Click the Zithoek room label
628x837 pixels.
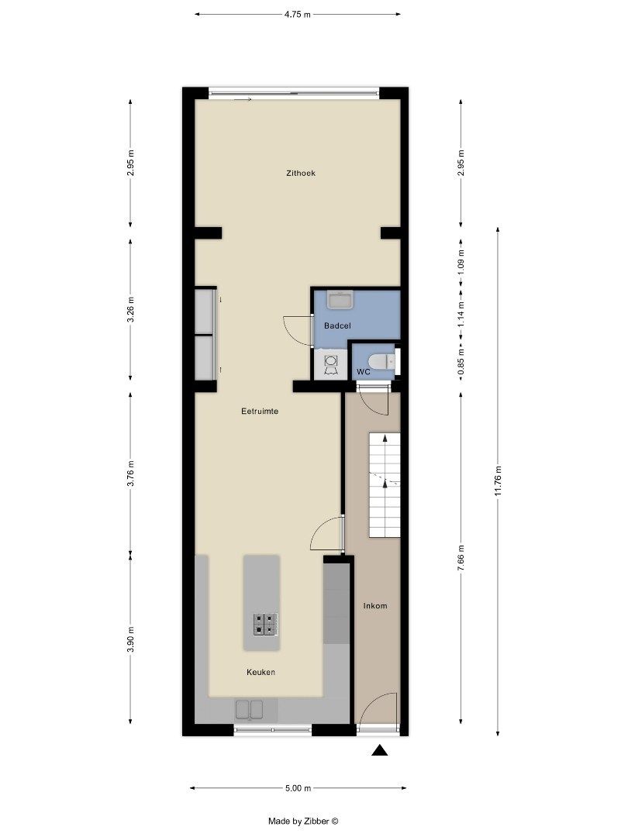point(301,173)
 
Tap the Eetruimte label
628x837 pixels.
point(260,412)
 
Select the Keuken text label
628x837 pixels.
point(261,672)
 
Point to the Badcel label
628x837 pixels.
point(338,326)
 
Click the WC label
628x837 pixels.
point(363,372)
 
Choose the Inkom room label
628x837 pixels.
point(375,605)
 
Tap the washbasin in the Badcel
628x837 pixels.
point(340,298)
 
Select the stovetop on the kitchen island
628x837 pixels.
point(264,622)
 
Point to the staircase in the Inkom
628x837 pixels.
point(384,485)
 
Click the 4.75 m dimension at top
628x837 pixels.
point(297,14)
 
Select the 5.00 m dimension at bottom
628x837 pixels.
point(298,788)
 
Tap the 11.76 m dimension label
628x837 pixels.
point(498,480)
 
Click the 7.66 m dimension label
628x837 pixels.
point(461,559)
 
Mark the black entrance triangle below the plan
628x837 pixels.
point(379,750)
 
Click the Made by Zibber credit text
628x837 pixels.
point(303,821)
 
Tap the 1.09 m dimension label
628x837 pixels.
point(461,261)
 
